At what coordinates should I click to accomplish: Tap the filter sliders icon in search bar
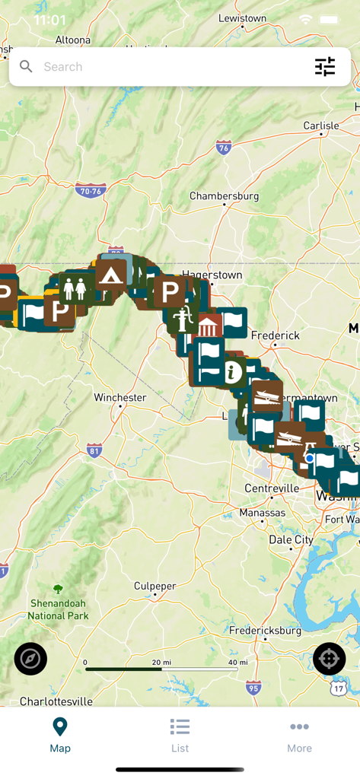325,67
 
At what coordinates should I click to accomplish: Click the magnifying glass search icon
26,67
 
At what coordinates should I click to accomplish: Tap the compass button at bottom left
30,659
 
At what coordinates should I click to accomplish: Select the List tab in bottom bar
180,735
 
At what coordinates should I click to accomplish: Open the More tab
299,735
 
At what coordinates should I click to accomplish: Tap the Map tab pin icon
60,727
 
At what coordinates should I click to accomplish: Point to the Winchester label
120,397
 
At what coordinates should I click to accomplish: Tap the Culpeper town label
155,587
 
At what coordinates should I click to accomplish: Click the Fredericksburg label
266,630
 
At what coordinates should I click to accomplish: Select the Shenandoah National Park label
59,609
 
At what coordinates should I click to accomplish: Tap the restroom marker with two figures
75,289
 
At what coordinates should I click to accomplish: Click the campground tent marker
111,275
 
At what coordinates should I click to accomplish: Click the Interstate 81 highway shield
94,450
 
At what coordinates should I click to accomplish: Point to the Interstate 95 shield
254,688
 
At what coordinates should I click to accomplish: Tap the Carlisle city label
320,126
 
